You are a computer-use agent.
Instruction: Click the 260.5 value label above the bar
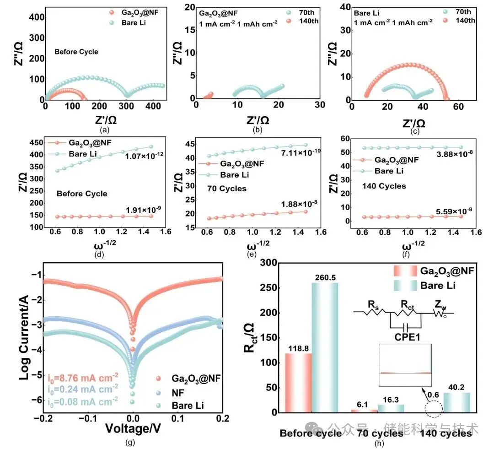coord(325,278)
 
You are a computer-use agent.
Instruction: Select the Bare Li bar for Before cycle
coord(325,348)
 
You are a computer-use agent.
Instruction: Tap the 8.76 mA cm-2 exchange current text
coord(82,378)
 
